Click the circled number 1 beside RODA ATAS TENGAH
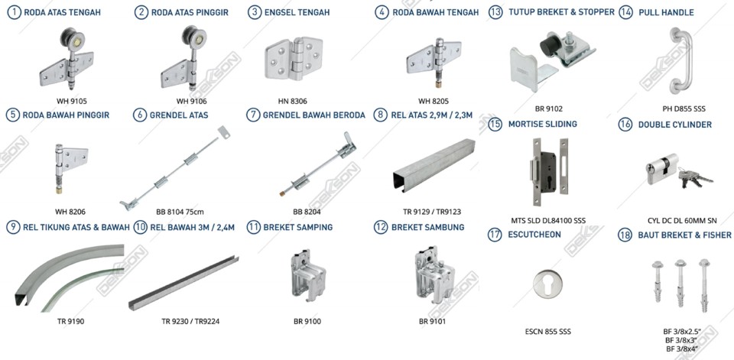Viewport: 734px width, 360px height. tap(15, 12)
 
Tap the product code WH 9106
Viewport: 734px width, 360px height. tap(191, 101)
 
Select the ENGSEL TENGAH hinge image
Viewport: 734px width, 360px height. tap(294, 58)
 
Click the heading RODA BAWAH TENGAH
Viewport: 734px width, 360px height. tap(435, 13)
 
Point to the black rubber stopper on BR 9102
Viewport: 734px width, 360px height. tap(550, 45)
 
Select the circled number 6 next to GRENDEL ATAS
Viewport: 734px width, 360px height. tap(140, 115)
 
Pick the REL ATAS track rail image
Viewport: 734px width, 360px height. tap(434, 165)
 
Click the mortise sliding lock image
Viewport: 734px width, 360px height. tap(550, 172)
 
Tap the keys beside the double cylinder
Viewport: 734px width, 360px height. tap(695, 178)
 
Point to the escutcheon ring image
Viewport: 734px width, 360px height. tap(547, 284)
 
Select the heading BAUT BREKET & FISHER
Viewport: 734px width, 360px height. tap(684, 235)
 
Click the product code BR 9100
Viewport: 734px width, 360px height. tap(307, 322)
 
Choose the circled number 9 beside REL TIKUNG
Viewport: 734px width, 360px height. tap(15, 228)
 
